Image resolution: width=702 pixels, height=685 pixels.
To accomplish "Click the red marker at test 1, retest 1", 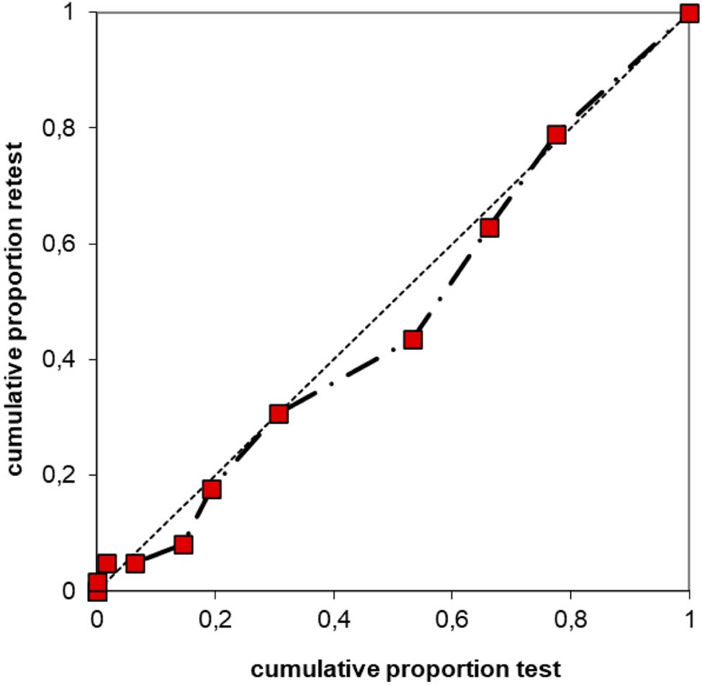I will click(x=690, y=13).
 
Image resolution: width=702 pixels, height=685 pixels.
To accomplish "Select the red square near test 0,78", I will click(x=557, y=135).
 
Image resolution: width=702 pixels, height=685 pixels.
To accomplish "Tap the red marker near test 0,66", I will click(x=490, y=228).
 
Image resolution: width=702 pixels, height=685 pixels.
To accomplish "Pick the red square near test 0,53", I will click(x=413, y=339).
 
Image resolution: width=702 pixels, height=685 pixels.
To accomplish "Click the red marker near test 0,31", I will click(x=279, y=413).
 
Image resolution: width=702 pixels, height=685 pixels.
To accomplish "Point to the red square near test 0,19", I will click(x=211, y=490).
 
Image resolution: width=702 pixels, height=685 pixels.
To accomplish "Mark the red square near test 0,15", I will click(x=184, y=545).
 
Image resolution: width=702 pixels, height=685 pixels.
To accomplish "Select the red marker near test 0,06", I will click(x=135, y=563).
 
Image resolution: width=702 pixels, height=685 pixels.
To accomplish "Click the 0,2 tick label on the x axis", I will click(x=215, y=619).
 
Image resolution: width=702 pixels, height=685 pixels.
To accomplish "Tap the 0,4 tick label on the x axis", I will click(x=333, y=619).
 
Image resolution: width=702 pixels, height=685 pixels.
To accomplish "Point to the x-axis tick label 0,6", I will click(x=451, y=619).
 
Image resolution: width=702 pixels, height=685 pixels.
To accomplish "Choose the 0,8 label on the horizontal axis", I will click(x=570, y=619).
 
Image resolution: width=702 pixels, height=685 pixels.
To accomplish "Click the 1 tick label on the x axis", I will click(x=690, y=619).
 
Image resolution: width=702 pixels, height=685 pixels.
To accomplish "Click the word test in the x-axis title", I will click(x=541, y=669).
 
